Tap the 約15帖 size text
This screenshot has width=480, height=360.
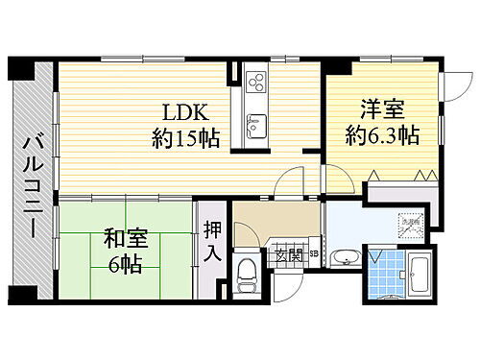click(186, 137)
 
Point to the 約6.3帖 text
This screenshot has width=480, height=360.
click(382, 135)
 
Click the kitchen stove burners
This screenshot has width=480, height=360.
click(256, 84)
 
